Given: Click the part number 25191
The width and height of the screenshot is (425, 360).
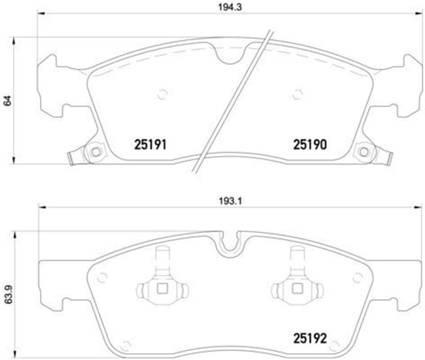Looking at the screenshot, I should click(150, 145).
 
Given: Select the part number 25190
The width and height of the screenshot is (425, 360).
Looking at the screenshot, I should click(310, 145).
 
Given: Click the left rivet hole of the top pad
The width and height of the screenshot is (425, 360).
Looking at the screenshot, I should click(95, 152).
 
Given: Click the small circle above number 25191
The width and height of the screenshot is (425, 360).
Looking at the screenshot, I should click(162, 94).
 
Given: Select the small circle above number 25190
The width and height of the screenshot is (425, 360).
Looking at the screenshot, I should click(297, 94).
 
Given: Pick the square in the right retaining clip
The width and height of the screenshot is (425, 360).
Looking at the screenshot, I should click(297, 289).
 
